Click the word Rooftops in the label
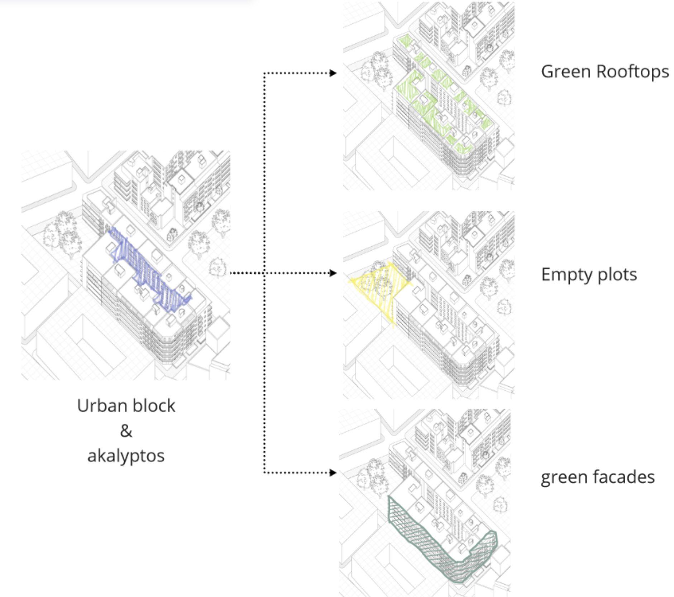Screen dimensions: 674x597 tap(632, 72)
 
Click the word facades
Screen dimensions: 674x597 tap(624, 477)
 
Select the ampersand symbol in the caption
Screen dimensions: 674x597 tap(126, 431)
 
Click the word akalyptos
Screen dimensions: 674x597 tap(126, 456)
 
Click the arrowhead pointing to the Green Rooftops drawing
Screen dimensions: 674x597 tap(333, 73)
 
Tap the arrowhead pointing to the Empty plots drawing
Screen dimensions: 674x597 tap(333, 273)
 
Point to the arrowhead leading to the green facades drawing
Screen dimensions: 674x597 tap(333, 473)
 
